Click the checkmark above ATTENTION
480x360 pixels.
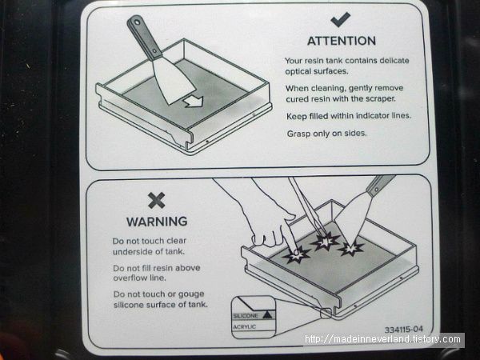click(x=341, y=19)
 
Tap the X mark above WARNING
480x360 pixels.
click(x=157, y=201)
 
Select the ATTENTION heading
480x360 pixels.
click(x=342, y=41)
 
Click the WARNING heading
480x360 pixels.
click(x=157, y=222)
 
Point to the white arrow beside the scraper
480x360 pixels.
click(x=194, y=102)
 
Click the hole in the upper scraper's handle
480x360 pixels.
click(x=137, y=22)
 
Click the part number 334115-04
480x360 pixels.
click(x=404, y=330)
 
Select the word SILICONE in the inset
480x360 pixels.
click(x=246, y=316)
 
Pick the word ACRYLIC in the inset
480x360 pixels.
click(x=244, y=327)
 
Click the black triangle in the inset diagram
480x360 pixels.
click(x=267, y=315)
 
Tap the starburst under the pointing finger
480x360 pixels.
click(x=296, y=254)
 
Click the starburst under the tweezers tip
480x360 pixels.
click(x=325, y=241)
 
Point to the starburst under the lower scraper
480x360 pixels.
click(x=351, y=248)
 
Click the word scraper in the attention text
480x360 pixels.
click(x=378, y=99)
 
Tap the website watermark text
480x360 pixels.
click(x=382, y=339)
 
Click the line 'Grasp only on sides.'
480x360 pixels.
click(x=326, y=134)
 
